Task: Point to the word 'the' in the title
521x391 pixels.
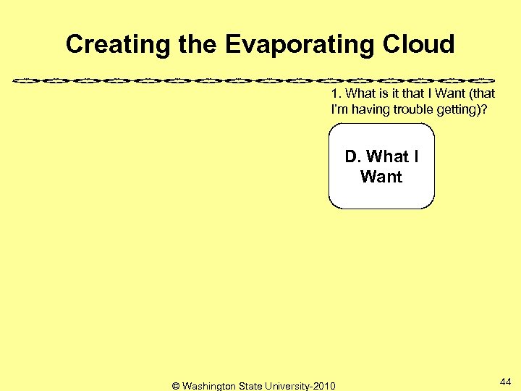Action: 196,45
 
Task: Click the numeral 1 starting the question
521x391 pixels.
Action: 334,94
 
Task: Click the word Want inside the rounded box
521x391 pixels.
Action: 381,176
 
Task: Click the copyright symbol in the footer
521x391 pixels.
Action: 176,386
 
